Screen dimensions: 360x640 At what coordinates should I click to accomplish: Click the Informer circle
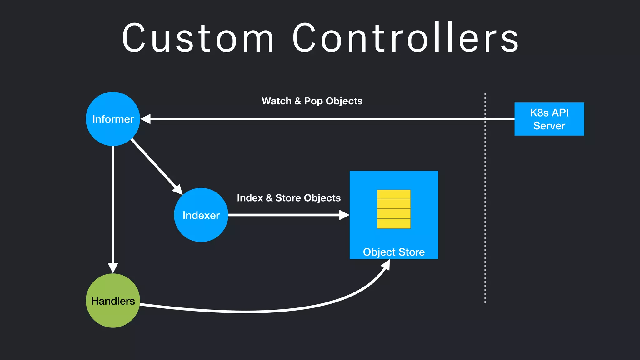113,119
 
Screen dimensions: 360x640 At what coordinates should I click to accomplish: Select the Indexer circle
201,215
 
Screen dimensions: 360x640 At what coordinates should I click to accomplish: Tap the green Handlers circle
113,301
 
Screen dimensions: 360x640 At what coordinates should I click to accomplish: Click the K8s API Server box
549,119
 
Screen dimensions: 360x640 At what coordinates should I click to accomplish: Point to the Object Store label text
394,252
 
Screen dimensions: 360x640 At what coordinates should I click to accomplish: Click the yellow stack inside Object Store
394,209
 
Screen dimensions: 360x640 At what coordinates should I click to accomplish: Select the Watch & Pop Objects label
312,101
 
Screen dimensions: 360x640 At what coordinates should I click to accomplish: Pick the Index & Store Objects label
289,198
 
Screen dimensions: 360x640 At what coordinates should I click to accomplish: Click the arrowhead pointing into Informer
146,119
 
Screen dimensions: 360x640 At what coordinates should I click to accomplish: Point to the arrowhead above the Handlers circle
113,267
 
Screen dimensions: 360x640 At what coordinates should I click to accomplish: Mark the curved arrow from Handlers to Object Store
250,312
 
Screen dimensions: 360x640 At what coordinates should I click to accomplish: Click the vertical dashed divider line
485,200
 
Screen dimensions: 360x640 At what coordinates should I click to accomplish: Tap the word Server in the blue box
549,126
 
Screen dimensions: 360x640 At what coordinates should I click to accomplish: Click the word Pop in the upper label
313,101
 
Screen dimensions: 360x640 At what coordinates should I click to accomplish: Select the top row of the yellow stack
394,194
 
